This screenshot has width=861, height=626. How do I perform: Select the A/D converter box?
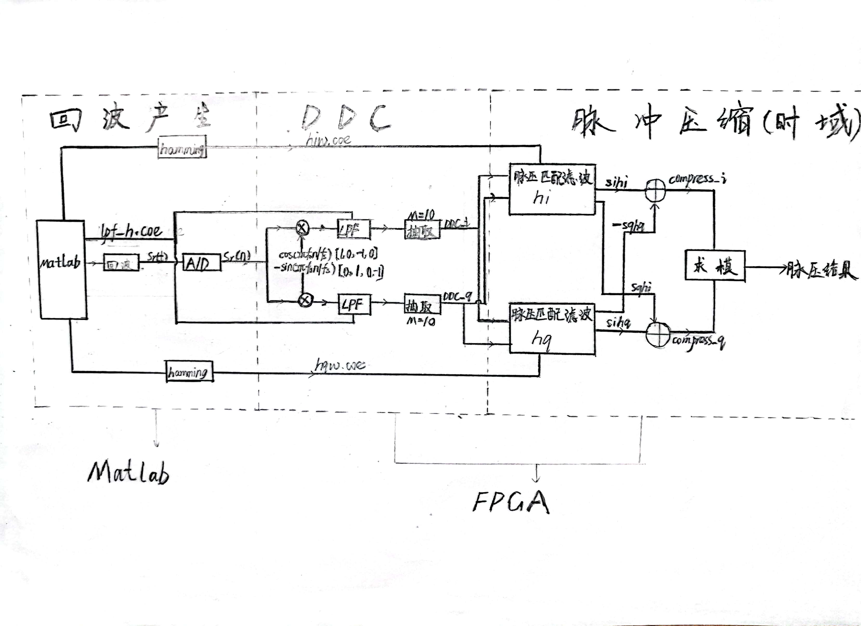coord(201,262)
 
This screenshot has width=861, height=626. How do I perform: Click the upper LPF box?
coord(354,229)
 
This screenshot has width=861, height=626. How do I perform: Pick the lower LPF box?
coord(354,304)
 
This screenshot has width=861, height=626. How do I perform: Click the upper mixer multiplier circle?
coord(302,228)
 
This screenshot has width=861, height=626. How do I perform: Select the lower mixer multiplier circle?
coord(305,300)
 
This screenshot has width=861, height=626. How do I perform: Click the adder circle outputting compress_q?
coord(658,335)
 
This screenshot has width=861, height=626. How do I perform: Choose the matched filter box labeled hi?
coord(552,189)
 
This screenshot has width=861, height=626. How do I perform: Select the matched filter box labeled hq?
coord(552,329)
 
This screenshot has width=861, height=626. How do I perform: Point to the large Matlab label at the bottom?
coord(128,472)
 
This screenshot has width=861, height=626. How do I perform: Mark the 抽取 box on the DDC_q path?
coord(422,304)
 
